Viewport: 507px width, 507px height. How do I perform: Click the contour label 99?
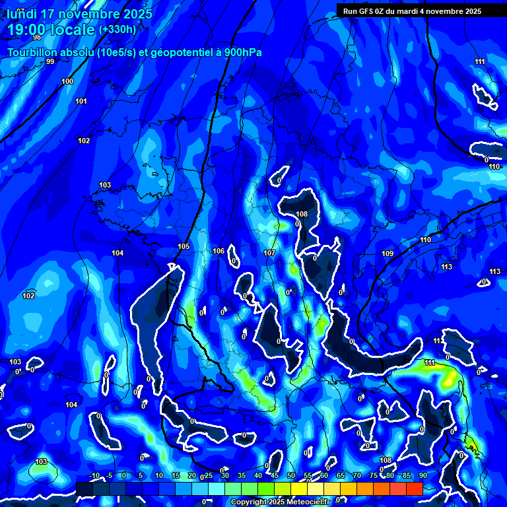click(50, 61)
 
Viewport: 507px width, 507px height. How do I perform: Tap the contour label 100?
click(67, 81)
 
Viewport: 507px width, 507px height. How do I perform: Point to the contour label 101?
click(81, 101)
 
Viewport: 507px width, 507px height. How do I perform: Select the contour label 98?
click(36, 56)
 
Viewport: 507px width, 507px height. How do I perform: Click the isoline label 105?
click(184, 246)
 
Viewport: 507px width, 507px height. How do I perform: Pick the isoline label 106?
click(219, 251)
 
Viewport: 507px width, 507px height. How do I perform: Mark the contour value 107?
click(269, 253)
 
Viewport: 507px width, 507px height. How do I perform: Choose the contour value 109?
click(388, 253)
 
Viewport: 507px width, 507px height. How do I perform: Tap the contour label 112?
click(439, 341)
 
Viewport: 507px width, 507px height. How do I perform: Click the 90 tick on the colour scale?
click(422, 475)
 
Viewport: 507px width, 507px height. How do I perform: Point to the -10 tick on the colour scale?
click(94, 475)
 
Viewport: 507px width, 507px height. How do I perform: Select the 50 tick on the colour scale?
click(291, 475)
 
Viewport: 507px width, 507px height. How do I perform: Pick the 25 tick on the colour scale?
click(209, 475)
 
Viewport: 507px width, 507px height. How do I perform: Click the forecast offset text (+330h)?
click(118, 30)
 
